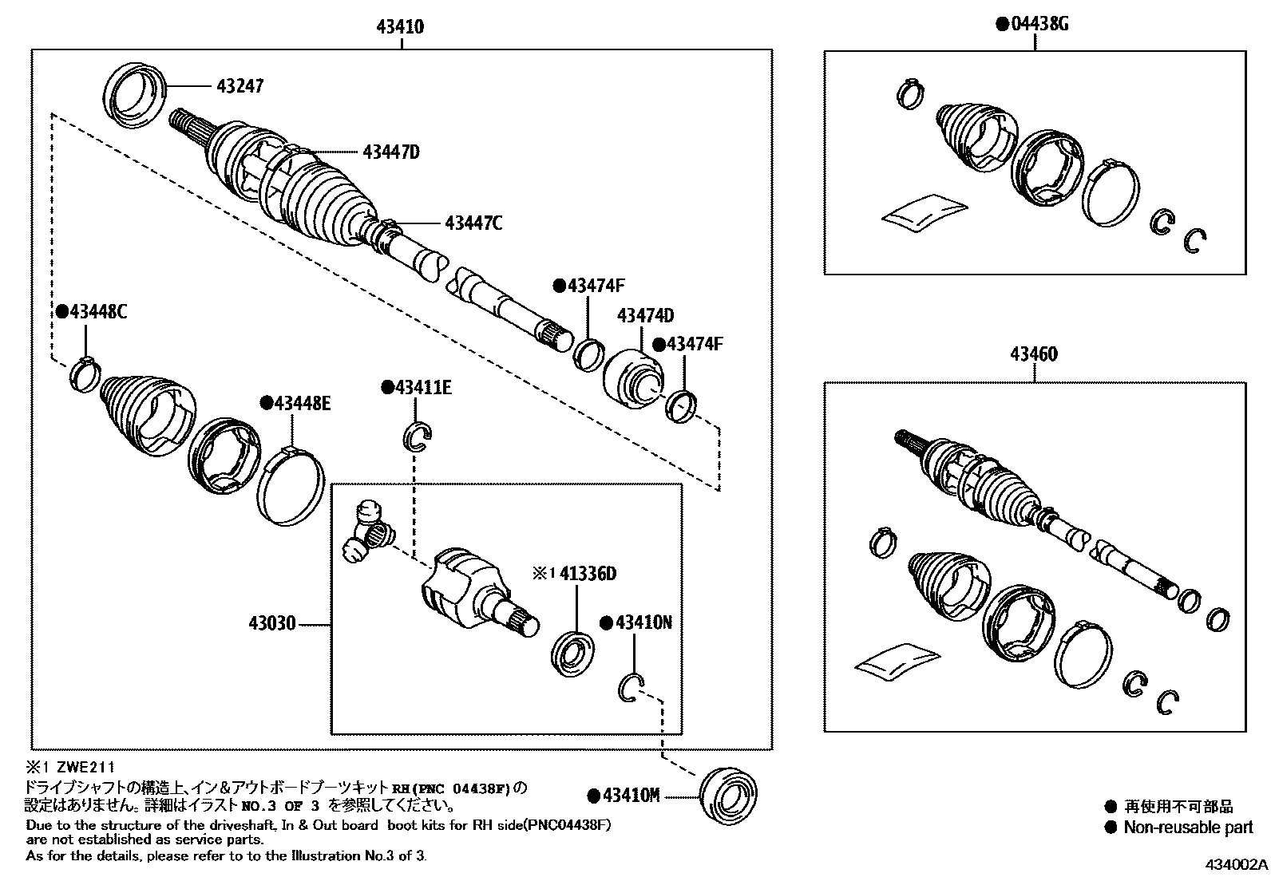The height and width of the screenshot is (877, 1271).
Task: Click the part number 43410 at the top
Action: [x=400, y=27]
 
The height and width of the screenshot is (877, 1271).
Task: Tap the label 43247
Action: [x=238, y=85]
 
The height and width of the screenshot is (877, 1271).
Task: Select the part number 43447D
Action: [x=390, y=152]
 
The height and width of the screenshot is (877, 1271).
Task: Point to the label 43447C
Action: [x=473, y=223]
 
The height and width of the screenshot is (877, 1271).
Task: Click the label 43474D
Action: [x=645, y=316]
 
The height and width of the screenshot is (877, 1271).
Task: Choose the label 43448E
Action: [x=301, y=404]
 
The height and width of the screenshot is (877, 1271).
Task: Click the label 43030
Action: [x=272, y=623]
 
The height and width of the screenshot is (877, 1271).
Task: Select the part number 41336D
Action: [x=588, y=574]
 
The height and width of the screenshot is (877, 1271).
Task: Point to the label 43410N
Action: [x=643, y=622]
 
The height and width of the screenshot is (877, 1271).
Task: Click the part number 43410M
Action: [x=630, y=796]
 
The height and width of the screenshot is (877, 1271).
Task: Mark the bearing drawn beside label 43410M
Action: [x=727, y=794]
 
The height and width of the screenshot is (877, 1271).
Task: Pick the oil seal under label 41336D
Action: [x=572, y=654]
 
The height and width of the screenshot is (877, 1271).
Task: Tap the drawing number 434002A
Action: [x=1237, y=865]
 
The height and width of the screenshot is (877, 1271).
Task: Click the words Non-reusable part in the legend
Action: [x=1188, y=828]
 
